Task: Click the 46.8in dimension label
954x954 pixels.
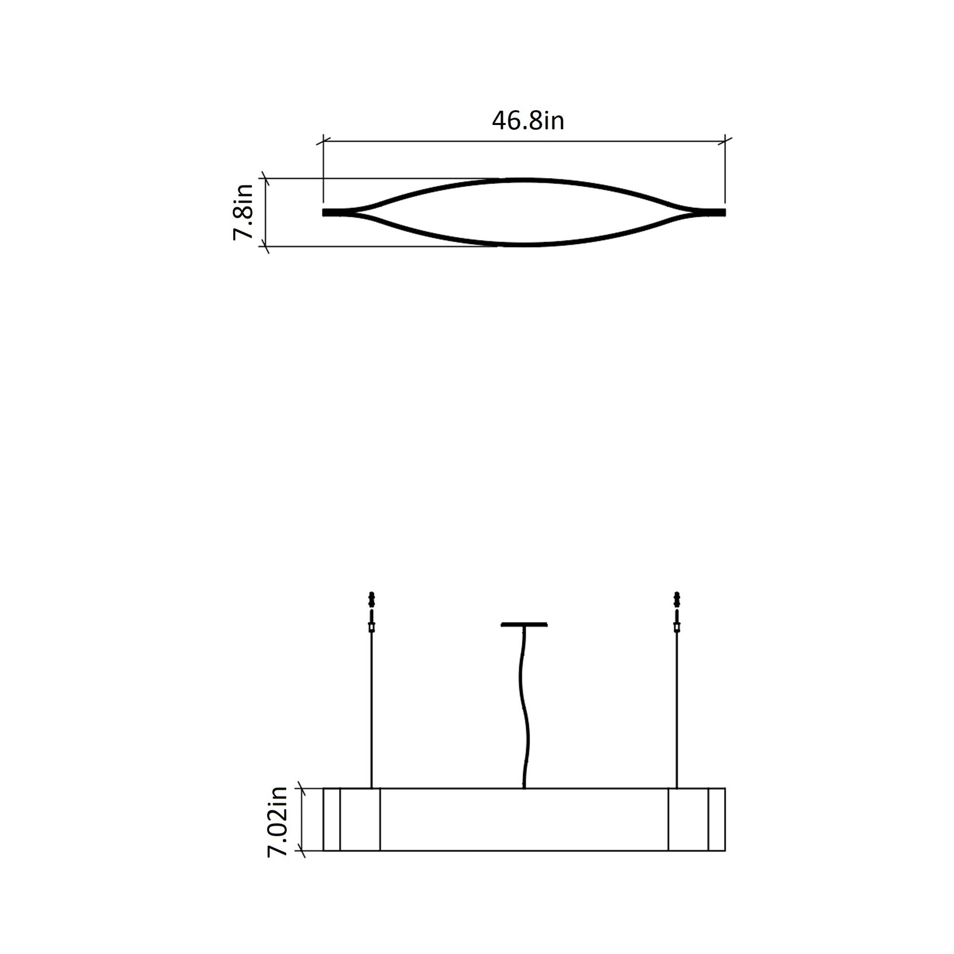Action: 527,121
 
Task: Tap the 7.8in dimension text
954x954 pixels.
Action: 243,212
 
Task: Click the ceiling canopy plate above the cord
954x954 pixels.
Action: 524,625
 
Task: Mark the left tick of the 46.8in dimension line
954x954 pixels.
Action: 323,142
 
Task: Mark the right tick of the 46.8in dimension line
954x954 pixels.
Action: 725,142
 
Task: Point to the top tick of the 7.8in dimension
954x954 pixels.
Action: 266,179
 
